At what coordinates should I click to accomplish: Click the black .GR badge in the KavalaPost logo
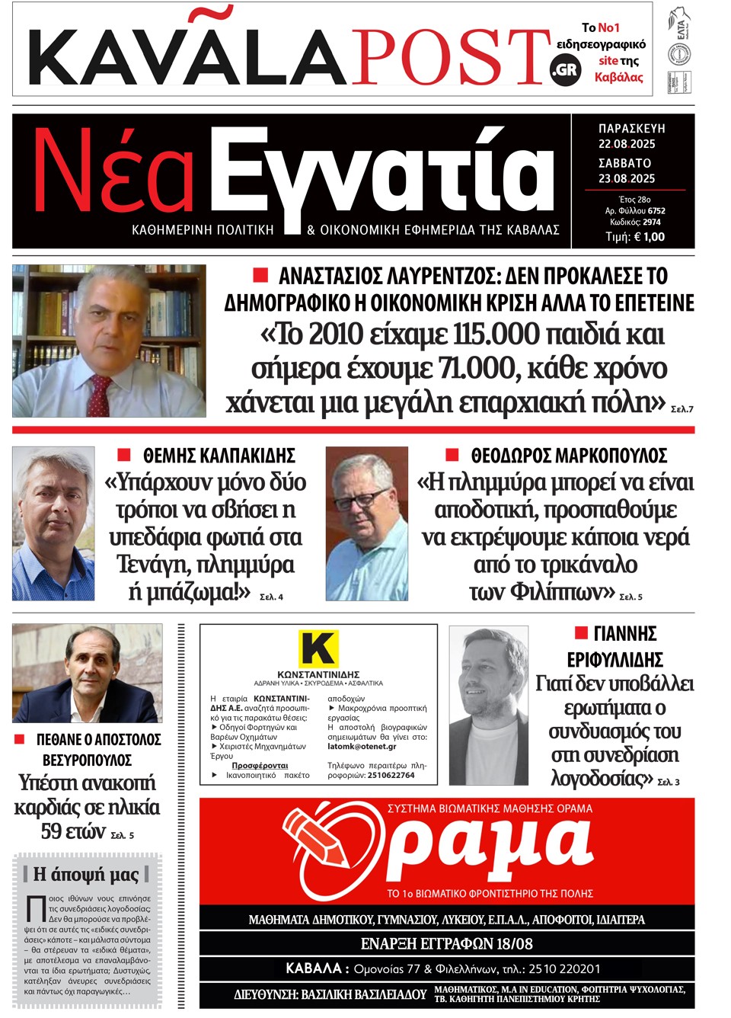pyautogui.click(x=565, y=70)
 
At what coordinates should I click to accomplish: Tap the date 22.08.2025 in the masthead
pyautogui.click(x=627, y=144)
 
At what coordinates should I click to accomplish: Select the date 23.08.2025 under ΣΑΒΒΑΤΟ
pyautogui.click(x=627, y=178)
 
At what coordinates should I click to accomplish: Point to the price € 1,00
pyautogui.click(x=645, y=237)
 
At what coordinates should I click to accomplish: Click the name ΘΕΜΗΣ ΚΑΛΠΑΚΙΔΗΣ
pyautogui.click(x=219, y=456)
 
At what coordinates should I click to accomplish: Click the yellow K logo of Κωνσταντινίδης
pyautogui.click(x=318, y=649)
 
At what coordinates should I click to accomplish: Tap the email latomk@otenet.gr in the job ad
pyautogui.click(x=362, y=747)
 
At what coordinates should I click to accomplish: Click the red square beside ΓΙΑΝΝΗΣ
pyautogui.click(x=581, y=632)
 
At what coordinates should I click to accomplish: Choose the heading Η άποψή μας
pyautogui.click(x=85, y=874)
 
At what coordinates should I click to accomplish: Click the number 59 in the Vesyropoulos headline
pyautogui.click(x=51, y=831)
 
